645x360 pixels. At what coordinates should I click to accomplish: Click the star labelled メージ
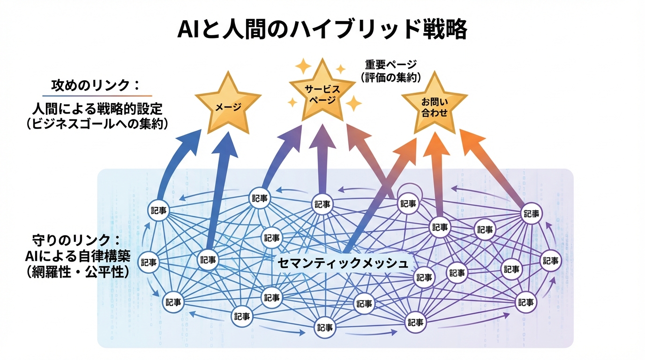(228, 104)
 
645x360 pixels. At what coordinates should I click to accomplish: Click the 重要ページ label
(391, 65)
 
